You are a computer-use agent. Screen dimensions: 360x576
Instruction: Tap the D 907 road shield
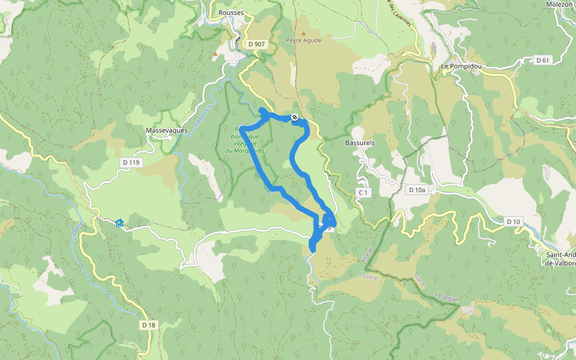tap(256, 44)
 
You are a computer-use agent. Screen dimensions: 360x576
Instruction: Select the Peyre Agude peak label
tap(304, 41)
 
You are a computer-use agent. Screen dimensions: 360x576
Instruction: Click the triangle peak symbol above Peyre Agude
tap(304, 33)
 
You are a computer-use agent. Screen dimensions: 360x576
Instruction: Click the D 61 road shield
tap(543, 60)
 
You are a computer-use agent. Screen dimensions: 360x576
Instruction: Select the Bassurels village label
tap(360, 143)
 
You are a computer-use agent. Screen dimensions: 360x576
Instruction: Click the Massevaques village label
tap(167, 130)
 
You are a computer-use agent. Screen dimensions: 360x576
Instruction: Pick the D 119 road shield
tap(130, 162)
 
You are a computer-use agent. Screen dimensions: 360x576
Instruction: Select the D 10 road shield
tap(513, 221)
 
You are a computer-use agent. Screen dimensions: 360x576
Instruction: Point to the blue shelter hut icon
tap(119, 223)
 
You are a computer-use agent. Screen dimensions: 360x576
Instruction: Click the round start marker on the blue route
tap(295, 117)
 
